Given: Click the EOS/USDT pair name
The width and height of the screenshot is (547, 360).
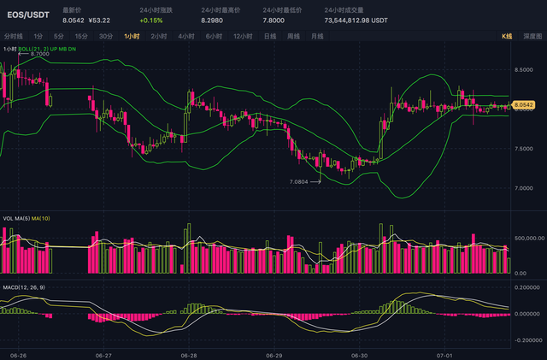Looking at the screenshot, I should [x=28, y=15].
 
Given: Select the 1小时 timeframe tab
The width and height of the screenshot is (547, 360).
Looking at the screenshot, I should [x=132, y=37].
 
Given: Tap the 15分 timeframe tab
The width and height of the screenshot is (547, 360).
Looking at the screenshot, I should [x=81, y=37].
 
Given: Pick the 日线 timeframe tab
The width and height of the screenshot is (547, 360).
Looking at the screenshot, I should [x=270, y=37].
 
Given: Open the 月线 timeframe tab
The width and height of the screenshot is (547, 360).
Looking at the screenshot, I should [x=317, y=37].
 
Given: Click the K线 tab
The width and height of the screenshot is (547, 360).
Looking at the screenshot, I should [x=506, y=37].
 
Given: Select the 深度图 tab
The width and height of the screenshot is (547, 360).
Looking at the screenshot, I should [x=532, y=37].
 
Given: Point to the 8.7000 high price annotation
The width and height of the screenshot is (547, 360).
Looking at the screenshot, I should [x=39, y=54].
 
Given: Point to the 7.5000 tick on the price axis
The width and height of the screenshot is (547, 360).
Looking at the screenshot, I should [x=524, y=148].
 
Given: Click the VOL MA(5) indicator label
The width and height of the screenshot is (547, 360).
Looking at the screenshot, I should [x=19, y=218].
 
